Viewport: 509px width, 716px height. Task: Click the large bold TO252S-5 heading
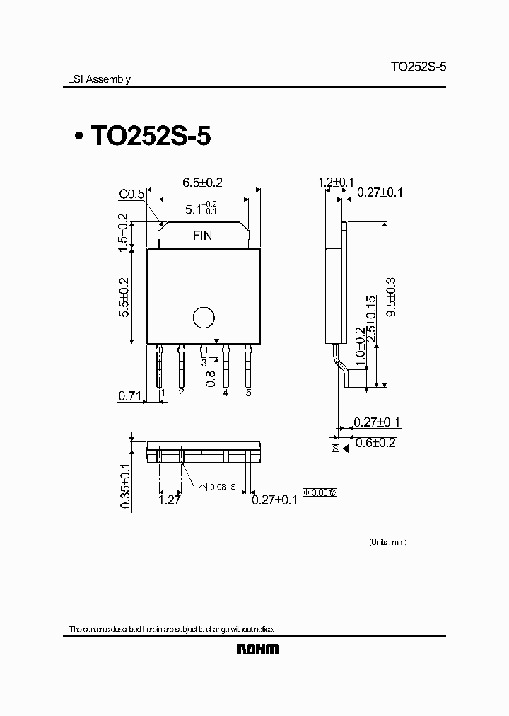(150, 136)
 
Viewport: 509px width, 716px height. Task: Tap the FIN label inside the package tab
(203, 236)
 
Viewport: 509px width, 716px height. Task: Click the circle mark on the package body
(203, 318)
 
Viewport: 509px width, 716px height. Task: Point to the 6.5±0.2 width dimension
(202, 183)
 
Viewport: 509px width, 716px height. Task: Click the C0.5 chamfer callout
(131, 194)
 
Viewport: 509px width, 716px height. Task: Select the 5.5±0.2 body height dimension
(124, 296)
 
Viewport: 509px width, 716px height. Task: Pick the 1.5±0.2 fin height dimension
(124, 232)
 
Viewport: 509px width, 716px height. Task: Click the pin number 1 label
(163, 392)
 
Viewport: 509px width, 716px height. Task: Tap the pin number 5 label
(248, 392)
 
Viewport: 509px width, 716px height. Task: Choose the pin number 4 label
(226, 392)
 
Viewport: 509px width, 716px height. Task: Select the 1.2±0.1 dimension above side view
(335, 183)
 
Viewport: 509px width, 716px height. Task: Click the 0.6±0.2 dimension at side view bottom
(376, 444)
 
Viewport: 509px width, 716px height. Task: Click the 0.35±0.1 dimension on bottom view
(124, 485)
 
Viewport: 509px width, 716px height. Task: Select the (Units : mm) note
(387, 542)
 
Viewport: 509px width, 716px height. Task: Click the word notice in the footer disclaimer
(259, 629)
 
